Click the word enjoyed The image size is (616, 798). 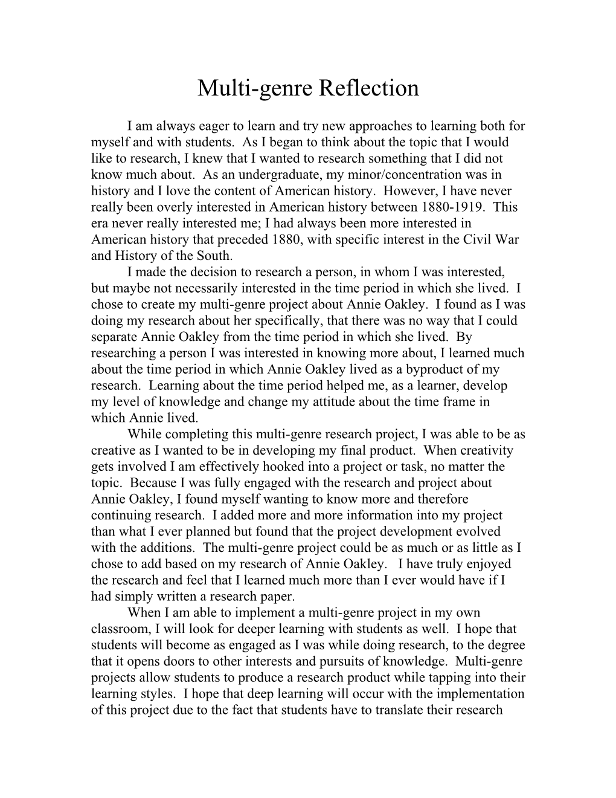pos(489,564)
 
